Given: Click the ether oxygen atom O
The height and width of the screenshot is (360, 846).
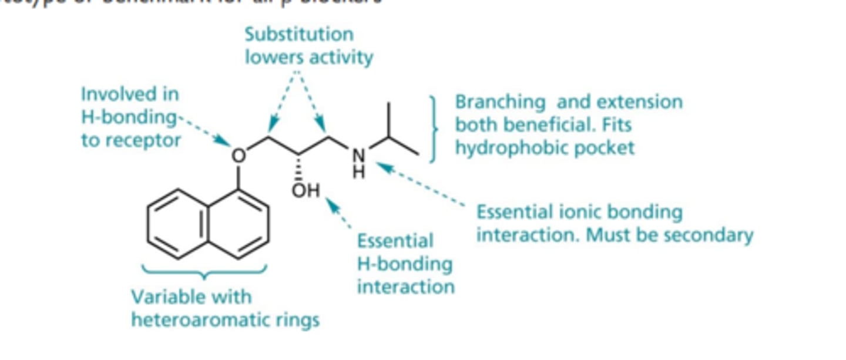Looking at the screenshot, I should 238,156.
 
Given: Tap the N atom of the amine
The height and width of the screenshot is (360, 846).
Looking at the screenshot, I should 358,155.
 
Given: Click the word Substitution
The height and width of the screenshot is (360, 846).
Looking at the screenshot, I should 299,34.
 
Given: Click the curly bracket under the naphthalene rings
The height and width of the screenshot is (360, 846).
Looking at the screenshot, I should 203,272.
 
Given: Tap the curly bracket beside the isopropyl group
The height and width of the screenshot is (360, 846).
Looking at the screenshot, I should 435,128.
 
